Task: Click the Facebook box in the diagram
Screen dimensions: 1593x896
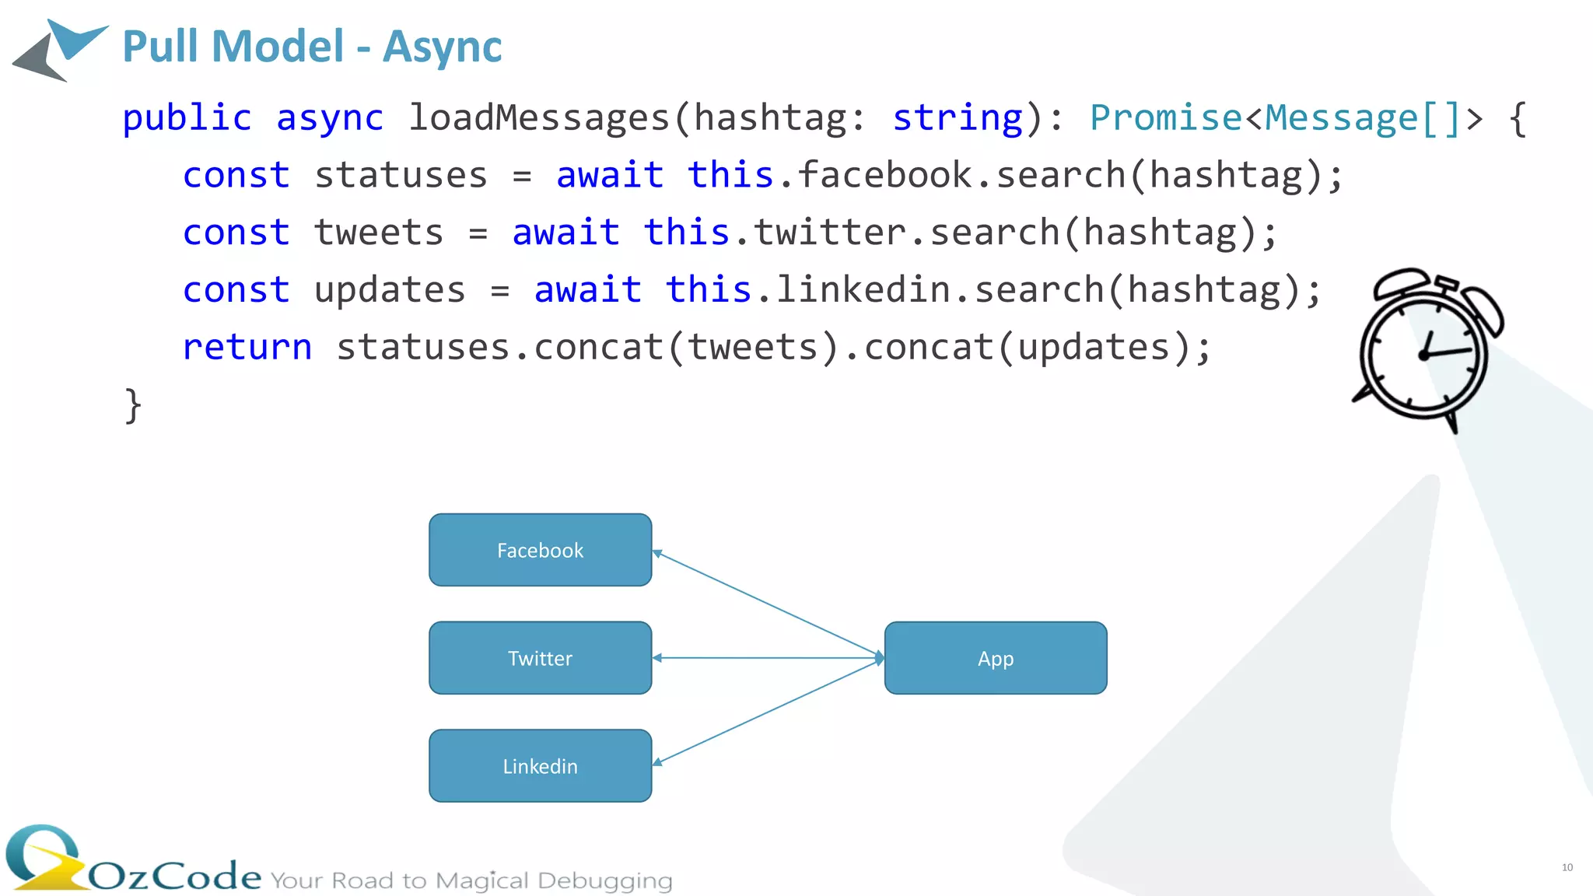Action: click(540, 550)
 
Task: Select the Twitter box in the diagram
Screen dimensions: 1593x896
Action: click(540, 658)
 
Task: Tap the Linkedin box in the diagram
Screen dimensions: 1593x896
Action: click(540, 766)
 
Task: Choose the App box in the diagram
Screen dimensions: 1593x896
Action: click(996, 658)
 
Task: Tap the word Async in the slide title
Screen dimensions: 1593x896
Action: click(443, 47)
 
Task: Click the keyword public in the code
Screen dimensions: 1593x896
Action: click(187, 118)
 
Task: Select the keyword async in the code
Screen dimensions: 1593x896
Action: click(330, 118)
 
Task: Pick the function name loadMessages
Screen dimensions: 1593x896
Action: click(539, 118)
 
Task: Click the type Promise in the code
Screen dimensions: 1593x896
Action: click(1166, 118)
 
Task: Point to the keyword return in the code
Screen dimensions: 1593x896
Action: click(247, 347)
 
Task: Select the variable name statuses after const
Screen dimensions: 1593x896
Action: click(401, 175)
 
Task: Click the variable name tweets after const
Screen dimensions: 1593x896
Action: click(379, 233)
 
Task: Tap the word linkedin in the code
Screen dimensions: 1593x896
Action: click(863, 289)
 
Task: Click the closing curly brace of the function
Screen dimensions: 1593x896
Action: click(133, 405)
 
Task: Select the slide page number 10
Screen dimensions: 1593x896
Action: click(1567, 867)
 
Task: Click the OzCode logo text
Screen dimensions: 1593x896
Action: click(175, 877)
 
